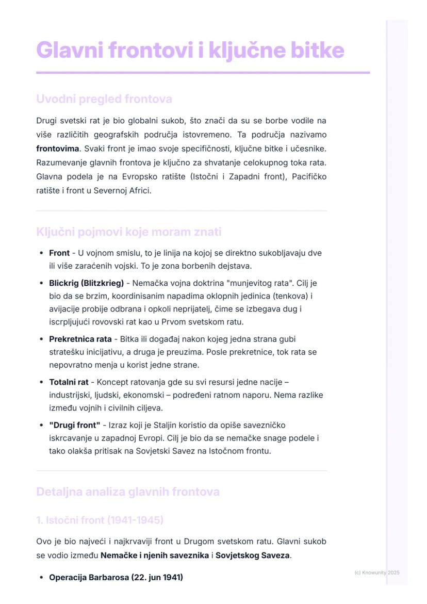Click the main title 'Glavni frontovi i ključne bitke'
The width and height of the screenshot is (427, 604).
coord(190,50)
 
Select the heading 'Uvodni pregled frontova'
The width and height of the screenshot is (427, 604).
coord(104,99)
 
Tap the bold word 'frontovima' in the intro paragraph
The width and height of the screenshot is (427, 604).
coord(58,149)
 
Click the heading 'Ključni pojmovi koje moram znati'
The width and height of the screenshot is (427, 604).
coord(128,232)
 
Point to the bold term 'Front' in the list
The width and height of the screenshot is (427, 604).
coord(59,253)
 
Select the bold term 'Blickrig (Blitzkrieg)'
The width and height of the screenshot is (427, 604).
coord(86,283)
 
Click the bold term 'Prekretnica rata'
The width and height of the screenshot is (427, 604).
coord(80,339)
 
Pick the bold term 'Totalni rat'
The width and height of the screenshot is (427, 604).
coord(69,382)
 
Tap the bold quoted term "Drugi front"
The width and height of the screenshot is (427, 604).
coord(75,425)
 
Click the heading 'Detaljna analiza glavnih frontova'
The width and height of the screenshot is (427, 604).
coord(128,492)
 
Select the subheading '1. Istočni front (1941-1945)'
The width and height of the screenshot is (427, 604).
coord(100,520)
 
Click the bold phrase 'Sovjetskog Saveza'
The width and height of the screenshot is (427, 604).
coord(252,556)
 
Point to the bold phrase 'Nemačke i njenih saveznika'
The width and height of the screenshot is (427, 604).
coord(155,556)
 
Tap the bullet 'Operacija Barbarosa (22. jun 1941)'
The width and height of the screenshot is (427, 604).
coord(116,577)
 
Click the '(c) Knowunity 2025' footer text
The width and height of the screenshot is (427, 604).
coord(377,573)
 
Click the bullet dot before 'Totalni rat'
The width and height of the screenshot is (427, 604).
coord(41,383)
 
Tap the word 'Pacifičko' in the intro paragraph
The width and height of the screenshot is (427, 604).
coord(309,176)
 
